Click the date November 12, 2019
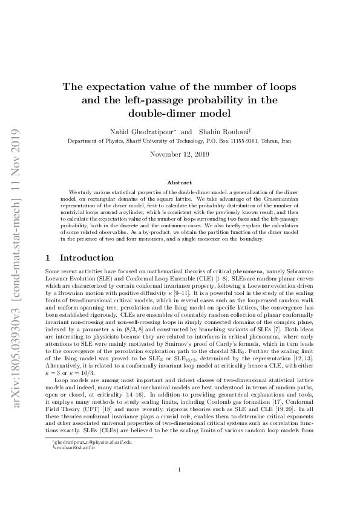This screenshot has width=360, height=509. coord(179,155)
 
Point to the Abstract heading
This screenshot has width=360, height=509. coord(179,183)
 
